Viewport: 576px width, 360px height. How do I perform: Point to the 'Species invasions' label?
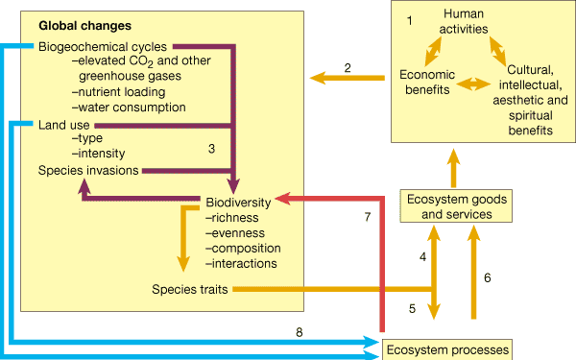[x=88, y=170]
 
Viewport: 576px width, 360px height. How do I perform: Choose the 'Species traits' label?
[x=189, y=288]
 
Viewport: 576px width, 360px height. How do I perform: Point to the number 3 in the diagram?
[x=212, y=148]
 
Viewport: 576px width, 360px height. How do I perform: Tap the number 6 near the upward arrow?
[x=487, y=277]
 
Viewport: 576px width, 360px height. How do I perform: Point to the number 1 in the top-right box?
[x=410, y=20]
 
